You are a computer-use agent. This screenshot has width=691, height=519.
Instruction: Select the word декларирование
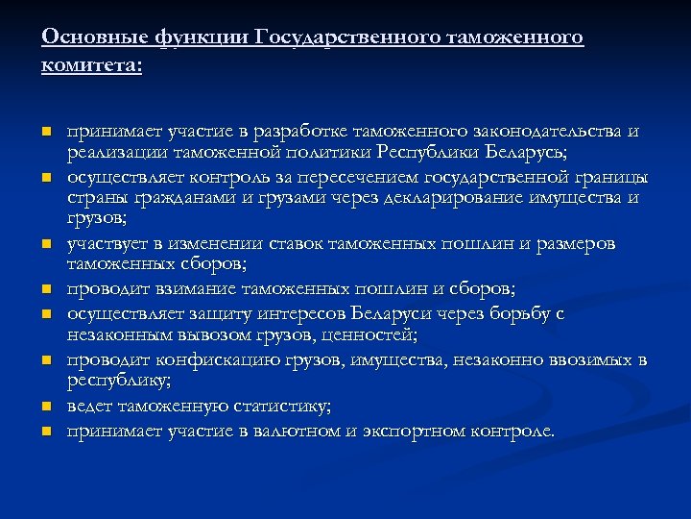click(x=439, y=198)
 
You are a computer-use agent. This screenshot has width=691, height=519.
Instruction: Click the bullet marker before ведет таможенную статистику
click(x=45, y=407)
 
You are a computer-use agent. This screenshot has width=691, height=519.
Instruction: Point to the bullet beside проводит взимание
click(x=45, y=289)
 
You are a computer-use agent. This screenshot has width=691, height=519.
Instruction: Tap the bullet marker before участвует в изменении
click(x=45, y=246)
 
